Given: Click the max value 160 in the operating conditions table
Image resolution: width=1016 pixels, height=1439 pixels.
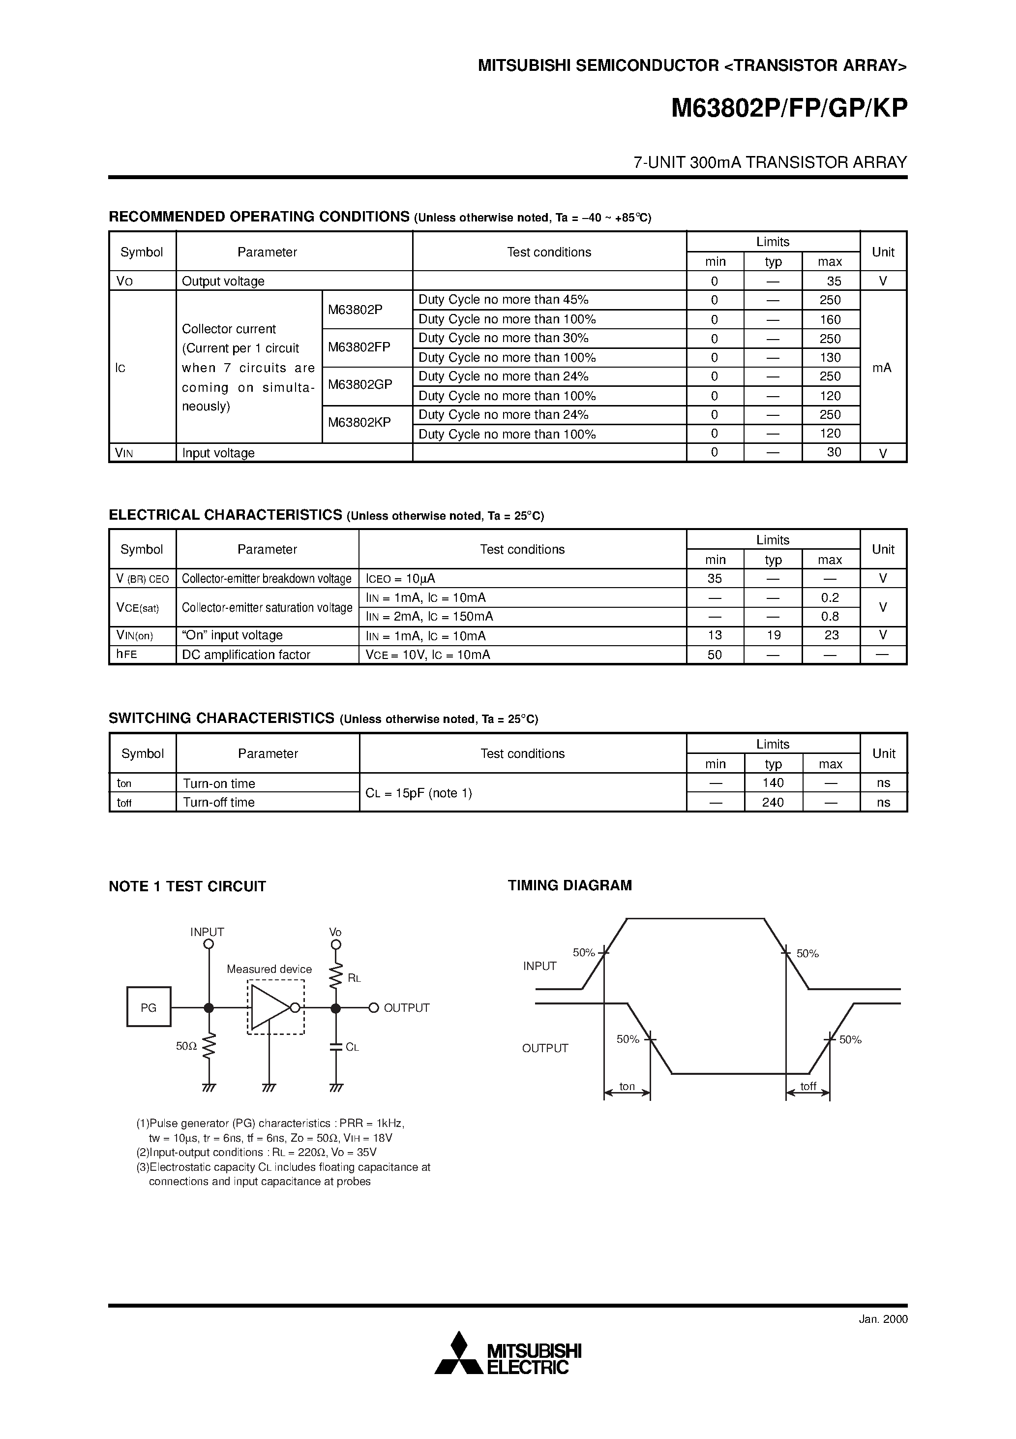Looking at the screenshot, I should point(830,319).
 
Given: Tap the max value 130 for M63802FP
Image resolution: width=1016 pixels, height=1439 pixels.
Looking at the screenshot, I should point(830,358).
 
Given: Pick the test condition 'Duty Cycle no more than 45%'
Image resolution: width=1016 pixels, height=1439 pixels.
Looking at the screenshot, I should point(504,300).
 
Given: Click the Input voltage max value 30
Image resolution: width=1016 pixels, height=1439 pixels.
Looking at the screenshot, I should point(833,452).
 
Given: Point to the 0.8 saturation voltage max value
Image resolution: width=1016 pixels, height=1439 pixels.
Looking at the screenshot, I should point(830,617).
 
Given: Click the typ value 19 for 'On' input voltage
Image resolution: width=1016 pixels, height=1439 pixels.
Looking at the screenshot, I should point(774,635).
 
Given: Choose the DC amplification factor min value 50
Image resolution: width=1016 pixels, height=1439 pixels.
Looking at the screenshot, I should point(715,655).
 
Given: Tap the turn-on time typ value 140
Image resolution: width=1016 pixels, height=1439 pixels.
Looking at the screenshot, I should point(773,783).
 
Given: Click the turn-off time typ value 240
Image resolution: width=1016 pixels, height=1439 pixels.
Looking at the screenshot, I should point(773,802).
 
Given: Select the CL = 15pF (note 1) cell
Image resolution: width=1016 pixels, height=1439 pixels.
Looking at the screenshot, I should point(418,793).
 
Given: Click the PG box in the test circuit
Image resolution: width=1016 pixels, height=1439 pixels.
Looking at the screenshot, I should point(149,1008).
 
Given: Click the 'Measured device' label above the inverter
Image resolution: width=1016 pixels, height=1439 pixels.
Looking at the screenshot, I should point(269,969).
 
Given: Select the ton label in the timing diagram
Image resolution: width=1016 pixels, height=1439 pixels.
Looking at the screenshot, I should point(627,1087).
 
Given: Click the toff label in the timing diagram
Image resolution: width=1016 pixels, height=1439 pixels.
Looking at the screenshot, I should point(808,1086).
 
